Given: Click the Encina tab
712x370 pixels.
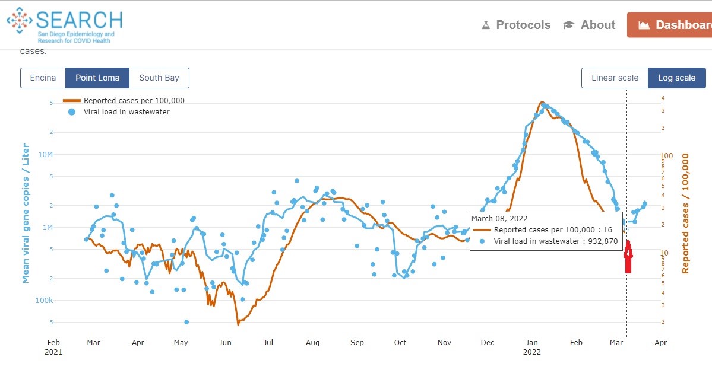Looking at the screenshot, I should pyautogui.click(x=43, y=78).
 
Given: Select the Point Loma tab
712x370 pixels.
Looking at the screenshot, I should pyautogui.click(x=97, y=78).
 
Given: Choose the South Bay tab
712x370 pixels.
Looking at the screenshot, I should pyautogui.click(x=159, y=78).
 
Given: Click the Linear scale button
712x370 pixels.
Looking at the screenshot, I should pyautogui.click(x=615, y=78).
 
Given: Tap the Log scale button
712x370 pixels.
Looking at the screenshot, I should pyautogui.click(x=676, y=78).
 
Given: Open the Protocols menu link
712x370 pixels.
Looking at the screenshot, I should pyautogui.click(x=516, y=25).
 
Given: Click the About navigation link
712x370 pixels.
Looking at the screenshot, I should pyautogui.click(x=590, y=25).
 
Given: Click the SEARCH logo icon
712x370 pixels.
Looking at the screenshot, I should pyautogui.click(x=20, y=22).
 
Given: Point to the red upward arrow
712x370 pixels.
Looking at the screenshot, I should pyautogui.click(x=628, y=256).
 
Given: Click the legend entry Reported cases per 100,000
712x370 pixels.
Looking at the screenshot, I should pyautogui.click(x=134, y=101).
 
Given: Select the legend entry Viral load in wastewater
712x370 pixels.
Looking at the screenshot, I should pyautogui.click(x=126, y=111).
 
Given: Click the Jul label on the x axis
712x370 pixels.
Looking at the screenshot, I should pyautogui.click(x=268, y=342).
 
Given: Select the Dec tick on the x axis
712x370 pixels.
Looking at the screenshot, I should pyautogui.click(x=488, y=342).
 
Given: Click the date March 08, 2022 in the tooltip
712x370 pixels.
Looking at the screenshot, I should pyautogui.click(x=499, y=219).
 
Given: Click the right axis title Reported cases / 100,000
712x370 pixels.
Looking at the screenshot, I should pyautogui.click(x=685, y=213).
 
